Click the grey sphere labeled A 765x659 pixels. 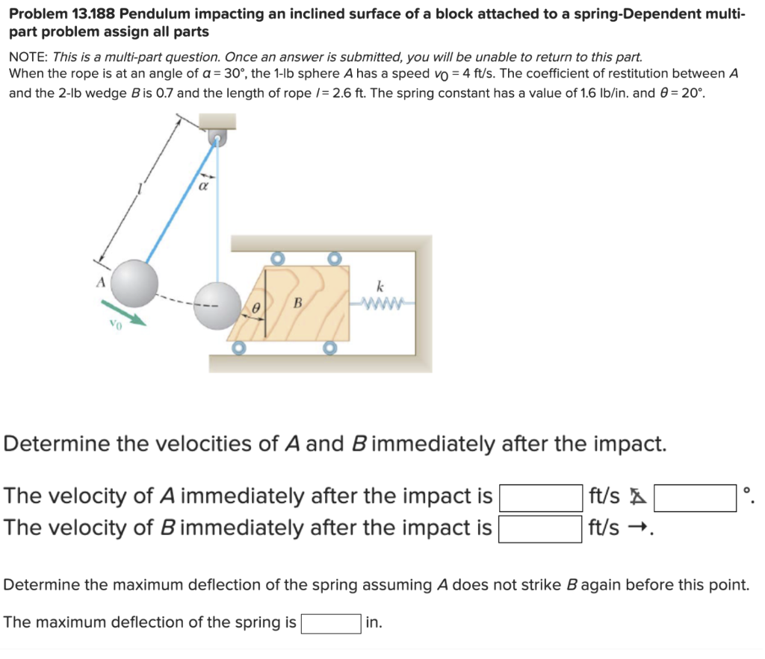coord(134,283)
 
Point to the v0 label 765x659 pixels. coord(114,325)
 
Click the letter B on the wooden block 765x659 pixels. coord(297,303)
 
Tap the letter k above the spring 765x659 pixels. coord(381,286)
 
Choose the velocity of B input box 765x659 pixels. coord(541,528)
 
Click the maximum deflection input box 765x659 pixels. coord(332,622)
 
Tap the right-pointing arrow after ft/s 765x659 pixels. coord(637,528)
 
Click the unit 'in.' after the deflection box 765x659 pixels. coord(374,622)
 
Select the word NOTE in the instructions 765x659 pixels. coord(27,57)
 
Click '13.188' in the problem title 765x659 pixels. coord(93,13)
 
